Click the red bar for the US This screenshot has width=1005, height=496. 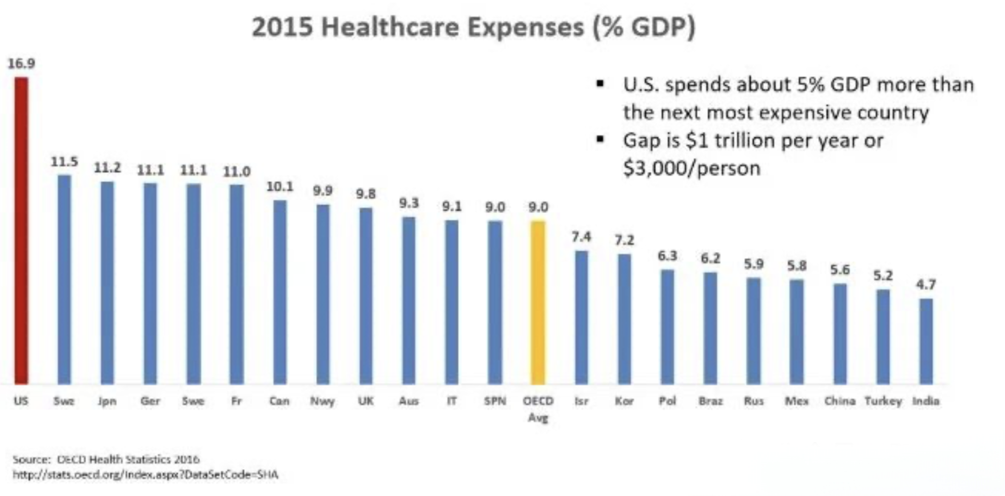point(21,231)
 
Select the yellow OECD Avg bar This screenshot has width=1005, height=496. point(538,303)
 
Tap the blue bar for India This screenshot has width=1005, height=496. point(926,341)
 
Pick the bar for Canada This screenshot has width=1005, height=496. point(279,292)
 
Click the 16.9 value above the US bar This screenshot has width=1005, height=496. point(21,63)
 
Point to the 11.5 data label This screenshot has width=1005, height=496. point(64,161)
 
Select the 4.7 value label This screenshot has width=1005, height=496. point(926,285)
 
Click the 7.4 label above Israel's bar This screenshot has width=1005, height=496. point(581,237)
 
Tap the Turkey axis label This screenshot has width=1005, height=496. point(883,401)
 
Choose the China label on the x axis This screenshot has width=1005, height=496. point(840,401)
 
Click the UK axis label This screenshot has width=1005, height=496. point(365,401)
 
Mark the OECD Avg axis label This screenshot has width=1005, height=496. point(538,409)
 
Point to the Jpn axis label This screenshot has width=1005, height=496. point(107,401)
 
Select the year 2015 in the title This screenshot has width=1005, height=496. point(282,27)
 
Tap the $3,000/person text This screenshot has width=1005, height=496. point(691,168)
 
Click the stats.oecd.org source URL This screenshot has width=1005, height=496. point(145,475)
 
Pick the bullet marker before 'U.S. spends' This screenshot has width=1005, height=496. point(600,84)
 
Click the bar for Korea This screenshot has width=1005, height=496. point(624,319)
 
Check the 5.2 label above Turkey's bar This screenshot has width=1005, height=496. point(883,275)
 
